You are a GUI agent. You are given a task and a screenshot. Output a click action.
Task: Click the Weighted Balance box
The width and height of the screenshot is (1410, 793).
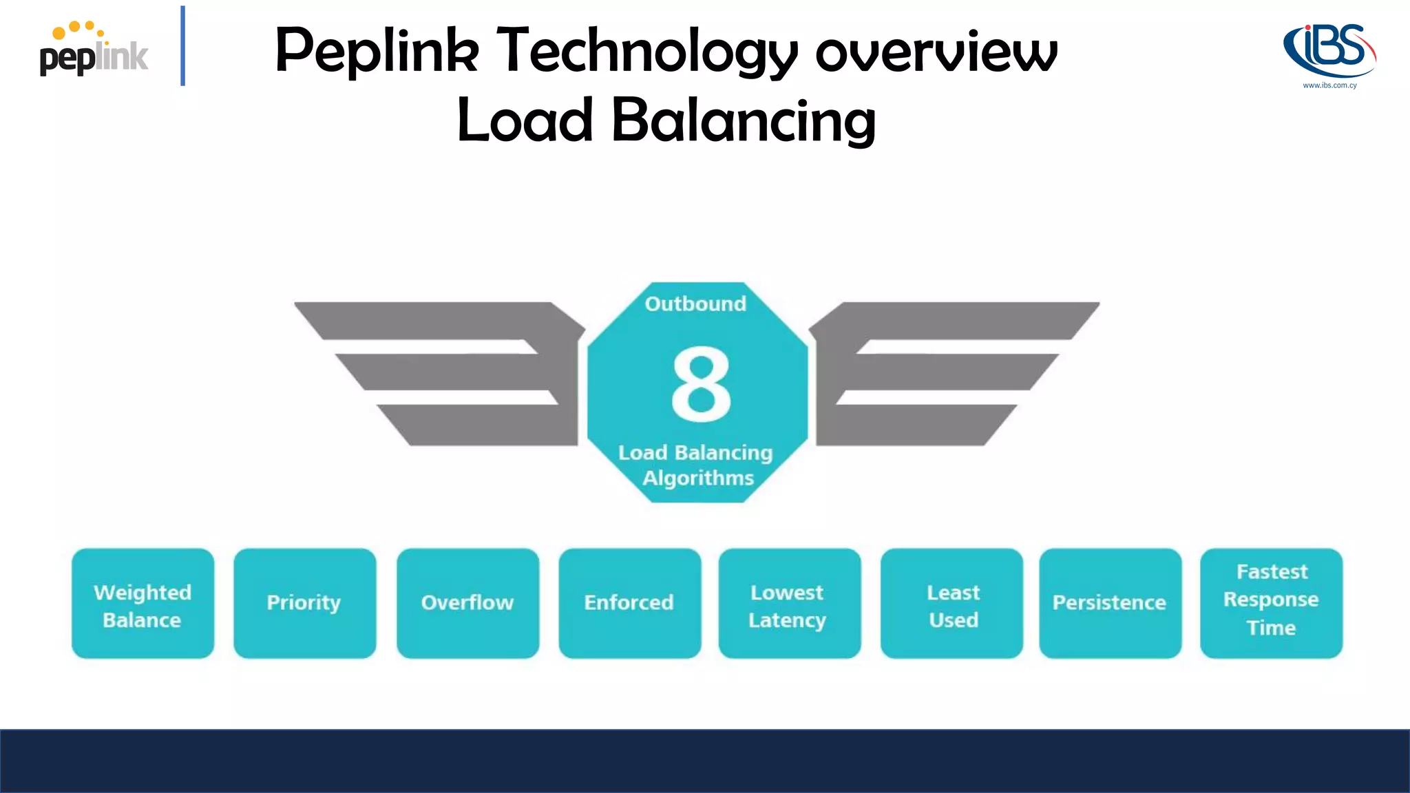click(x=143, y=604)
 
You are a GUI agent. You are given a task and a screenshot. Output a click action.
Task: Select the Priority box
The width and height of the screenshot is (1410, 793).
click(x=304, y=604)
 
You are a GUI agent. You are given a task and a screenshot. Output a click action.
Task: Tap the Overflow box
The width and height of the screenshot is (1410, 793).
click(x=467, y=604)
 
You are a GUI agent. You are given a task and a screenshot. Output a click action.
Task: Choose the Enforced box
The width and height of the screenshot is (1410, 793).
click(x=629, y=604)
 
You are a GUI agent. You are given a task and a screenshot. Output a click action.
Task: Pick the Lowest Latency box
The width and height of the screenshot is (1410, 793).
click(x=789, y=604)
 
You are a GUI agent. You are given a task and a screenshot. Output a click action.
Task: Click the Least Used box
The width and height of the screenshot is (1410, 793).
click(x=951, y=604)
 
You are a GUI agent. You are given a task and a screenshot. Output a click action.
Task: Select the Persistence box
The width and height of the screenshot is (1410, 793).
click(x=1110, y=604)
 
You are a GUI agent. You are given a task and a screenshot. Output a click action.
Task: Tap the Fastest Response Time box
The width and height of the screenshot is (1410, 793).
click(x=1271, y=604)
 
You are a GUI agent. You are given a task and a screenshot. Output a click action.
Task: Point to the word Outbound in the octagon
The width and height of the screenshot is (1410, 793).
click(x=695, y=304)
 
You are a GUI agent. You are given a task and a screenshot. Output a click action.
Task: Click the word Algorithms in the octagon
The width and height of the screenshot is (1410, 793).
click(x=698, y=478)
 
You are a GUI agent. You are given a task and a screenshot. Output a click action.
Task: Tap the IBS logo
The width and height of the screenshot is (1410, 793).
click(x=1329, y=50)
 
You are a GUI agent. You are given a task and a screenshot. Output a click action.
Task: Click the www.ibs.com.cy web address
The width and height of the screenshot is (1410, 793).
click(x=1329, y=85)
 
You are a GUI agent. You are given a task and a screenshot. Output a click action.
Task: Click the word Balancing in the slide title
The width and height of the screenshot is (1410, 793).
click(x=744, y=120)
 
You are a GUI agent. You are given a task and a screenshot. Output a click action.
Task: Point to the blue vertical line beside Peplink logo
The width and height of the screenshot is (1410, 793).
click(x=182, y=45)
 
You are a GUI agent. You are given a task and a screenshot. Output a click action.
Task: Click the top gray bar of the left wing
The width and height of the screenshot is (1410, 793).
click(x=434, y=320)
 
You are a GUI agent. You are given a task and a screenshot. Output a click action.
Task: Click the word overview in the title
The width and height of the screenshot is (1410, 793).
click(x=936, y=52)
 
